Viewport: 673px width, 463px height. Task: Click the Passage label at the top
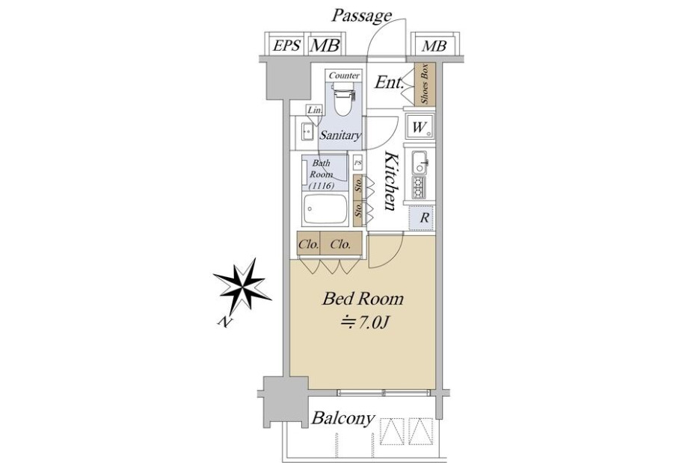coord(361,16)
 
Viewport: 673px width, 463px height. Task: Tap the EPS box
coord(286,45)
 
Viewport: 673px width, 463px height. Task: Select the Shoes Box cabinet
coord(425,84)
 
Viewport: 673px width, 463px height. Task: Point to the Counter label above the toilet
coord(344,75)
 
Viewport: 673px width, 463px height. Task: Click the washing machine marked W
coord(420,127)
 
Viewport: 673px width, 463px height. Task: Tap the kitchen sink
coord(420,163)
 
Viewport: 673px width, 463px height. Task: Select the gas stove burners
coord(419,187)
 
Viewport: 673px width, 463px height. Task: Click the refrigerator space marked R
coord(422,218)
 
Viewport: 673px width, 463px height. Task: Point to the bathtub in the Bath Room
coord(325,209)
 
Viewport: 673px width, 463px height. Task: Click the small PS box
coord(357,163)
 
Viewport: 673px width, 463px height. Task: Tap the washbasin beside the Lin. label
coord(307,131)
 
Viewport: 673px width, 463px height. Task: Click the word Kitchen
coord(390,181)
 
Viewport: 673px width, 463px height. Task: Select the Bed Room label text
coord(363,299)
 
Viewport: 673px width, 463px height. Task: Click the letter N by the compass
coord(224,322)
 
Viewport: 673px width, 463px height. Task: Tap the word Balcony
coord(343,418)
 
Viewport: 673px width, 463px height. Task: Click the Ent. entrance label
coord(389,82)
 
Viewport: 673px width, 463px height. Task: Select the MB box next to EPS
coord(325,45)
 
